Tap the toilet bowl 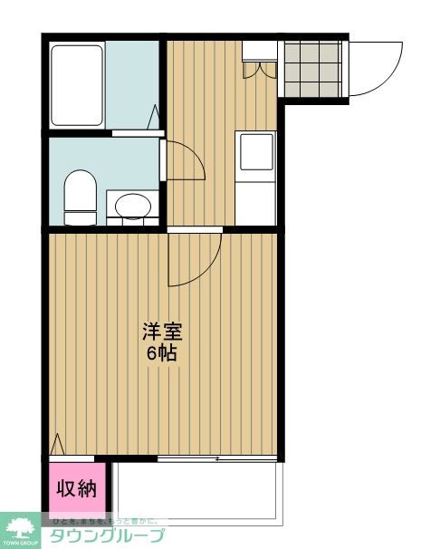tap(81, 196)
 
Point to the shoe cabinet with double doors tap(258, 55)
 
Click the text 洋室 tap(157, 331)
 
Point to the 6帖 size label tap(162, 352)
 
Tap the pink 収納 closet tap(77, 489)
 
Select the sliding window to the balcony tap(216, 458)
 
